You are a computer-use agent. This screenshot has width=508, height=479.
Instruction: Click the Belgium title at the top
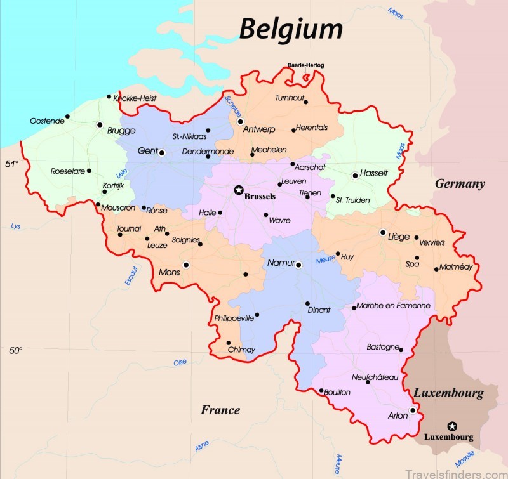291,29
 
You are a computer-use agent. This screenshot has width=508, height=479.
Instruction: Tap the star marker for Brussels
239,189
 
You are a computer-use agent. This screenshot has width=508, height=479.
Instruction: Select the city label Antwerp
260,129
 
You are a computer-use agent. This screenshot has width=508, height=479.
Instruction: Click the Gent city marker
162,152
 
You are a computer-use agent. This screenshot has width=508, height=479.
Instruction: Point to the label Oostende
47,121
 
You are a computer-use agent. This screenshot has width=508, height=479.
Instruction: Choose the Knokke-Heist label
135,98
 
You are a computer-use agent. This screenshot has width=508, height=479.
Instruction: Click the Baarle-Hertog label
305,65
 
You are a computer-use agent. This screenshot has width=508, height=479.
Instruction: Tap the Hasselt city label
373,173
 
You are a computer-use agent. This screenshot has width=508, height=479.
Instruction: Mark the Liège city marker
383,232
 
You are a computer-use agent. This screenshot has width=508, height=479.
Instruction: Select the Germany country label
460,184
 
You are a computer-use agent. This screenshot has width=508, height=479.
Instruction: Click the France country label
220,410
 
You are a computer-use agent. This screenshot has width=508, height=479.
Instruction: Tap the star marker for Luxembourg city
451,425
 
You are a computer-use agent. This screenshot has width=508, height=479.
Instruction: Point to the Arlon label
398,416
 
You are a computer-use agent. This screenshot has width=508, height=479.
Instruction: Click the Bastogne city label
383,347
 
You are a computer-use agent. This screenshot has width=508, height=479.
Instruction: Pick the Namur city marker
298,265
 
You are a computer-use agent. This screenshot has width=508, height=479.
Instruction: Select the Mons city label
170,272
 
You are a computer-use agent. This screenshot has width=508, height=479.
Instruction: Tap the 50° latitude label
15,350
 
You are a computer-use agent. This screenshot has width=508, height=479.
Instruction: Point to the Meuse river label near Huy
326,259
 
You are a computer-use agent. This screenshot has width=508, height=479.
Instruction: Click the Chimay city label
241,350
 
